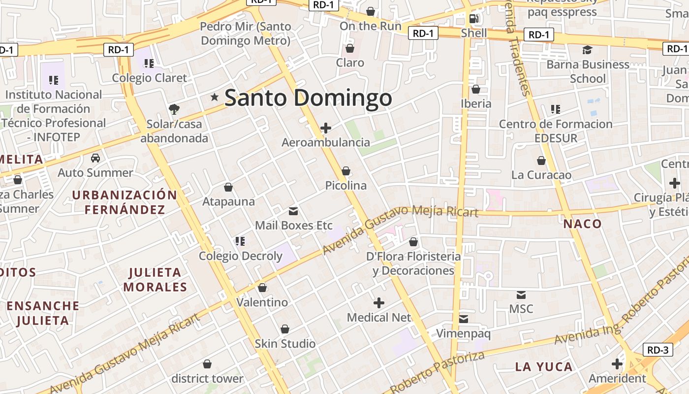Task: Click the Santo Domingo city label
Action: pos(308,98)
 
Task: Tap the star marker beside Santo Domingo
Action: pos(215,97)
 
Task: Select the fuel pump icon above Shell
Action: pos(474,19)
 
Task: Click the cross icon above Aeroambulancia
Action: pos(325,128)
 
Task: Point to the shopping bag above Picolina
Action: pos(346,171)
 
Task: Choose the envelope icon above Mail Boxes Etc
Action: pos(293,211)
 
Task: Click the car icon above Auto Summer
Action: pos(95,158)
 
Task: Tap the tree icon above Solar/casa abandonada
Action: pos(174,109)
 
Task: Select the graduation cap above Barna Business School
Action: pos(587,50)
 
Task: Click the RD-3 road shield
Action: pos(658,350)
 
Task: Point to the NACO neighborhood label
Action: pos(583,224)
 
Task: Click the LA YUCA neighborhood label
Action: pos(544,367)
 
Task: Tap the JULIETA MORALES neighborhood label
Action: pos(155,280)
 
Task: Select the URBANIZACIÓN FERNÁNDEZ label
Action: pos(125,202)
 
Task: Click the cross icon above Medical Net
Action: pos(379,302)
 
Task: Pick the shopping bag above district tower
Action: pos(207,364)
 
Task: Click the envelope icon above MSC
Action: pos(521,295)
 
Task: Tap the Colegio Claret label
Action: pos(150,78)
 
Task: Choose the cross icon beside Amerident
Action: pos(617,364)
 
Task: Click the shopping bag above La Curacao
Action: pos(541,161)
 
